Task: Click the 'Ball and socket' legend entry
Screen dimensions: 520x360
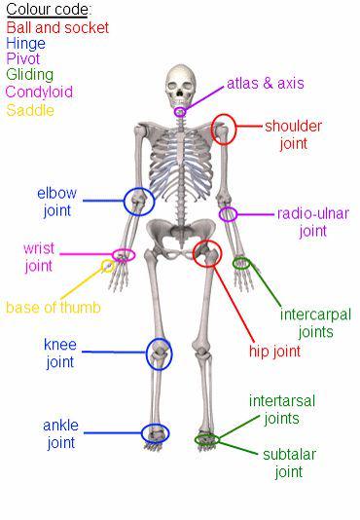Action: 57,27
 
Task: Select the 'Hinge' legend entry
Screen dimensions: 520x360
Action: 25,43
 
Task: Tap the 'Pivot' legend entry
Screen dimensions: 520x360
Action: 22,58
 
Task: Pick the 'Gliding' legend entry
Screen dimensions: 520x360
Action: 29,74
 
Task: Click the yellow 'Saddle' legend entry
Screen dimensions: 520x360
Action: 30,110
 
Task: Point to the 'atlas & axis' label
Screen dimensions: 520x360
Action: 265,83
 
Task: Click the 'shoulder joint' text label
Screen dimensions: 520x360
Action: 293,134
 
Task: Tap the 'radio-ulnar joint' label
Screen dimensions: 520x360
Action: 312,221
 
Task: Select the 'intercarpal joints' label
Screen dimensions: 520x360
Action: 315,322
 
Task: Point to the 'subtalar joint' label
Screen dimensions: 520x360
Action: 288,463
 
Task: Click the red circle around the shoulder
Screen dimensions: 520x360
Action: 224,129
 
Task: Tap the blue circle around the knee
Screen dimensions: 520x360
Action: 159,353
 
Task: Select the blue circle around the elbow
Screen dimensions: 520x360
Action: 138,202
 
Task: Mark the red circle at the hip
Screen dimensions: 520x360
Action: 206,255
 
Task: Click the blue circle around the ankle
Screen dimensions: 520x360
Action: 154,432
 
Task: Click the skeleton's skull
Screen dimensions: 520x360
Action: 180,85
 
